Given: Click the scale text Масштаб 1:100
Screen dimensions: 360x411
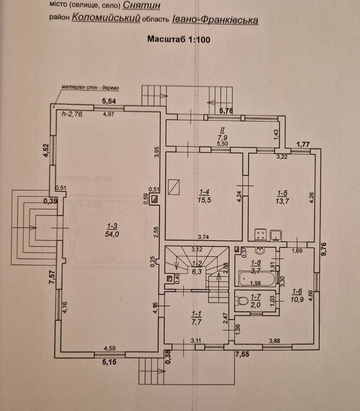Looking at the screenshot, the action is tap(179, 39).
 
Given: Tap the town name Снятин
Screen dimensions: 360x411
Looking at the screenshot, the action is tap(142, 5).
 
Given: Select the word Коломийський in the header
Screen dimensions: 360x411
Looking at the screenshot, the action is tap(106, 18).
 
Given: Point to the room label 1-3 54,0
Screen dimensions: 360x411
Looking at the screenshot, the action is tap(112, 230).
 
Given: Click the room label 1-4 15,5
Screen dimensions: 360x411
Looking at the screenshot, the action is tap(204, 196).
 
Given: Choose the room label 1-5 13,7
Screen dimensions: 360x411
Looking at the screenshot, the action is tap(282, 197).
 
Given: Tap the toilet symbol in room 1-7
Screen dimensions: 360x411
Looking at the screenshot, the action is tap(240, 301).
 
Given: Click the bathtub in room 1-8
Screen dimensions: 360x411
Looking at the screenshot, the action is tap(257, 279).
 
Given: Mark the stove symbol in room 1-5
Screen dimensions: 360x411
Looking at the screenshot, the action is tap(261, 234).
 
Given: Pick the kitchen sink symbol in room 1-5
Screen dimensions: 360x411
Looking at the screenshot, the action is tap(275, 235).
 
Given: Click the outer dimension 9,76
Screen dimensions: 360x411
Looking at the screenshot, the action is tap(324, 250).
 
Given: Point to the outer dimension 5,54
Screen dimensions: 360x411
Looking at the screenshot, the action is tap(109, 101).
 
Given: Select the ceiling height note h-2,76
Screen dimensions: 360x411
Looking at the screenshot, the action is tap(72, 114).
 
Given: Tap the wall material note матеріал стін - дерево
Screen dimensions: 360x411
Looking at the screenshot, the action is tap(90, 87).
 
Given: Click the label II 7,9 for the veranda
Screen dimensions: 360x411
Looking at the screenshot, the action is tap(223, 134).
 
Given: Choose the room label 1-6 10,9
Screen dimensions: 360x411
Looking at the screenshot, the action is tap(298, 295).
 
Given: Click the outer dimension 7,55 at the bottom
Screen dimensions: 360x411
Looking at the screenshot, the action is tap(242, 355).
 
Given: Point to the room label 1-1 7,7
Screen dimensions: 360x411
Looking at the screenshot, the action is tap(196, 318).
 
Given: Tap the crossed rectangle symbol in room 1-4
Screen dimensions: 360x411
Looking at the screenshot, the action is tap(174, 187).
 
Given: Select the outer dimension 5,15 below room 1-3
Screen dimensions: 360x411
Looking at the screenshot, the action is tap(109, 362).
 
